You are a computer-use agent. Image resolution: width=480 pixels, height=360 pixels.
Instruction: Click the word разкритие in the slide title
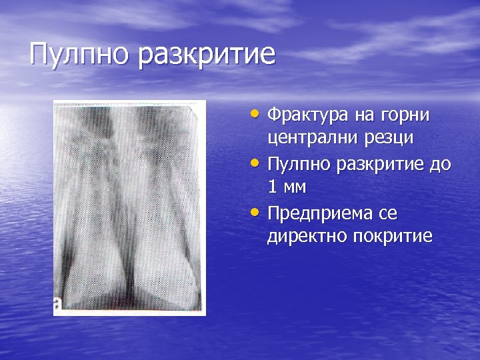coord(207,55)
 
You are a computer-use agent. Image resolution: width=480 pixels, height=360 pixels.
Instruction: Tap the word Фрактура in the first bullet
coord(307,115)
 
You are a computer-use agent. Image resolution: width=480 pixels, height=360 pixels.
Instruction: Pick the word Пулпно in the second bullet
coord(300,164)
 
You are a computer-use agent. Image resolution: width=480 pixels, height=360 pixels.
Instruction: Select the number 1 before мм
coord(273,187)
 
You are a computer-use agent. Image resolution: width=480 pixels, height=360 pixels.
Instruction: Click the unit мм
coord(294,188)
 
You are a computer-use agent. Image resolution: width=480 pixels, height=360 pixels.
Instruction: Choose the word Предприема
coord(317,213)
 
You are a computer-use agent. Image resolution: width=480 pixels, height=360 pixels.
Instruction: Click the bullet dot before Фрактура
coord(258,115)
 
